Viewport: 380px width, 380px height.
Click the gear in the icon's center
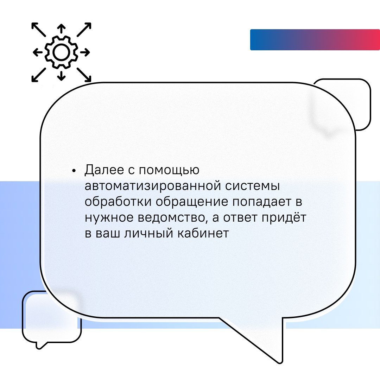coord(61,52)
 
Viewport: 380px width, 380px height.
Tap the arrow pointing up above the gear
coord(61,28)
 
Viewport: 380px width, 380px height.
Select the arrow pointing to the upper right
coord(84,30)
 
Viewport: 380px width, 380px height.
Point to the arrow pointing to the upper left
coord(39,30)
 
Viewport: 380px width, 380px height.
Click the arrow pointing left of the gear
coord(38,52)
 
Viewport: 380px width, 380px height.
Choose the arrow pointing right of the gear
coord(85,52)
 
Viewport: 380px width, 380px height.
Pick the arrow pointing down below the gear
coord(61,76)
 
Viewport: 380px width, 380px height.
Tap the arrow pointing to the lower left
coord(39,75)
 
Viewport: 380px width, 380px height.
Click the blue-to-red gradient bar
coord(315,40)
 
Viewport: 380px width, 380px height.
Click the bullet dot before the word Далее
coord(74,171)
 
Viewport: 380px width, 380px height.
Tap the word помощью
coord(169,170)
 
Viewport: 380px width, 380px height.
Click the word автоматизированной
coord(153,186)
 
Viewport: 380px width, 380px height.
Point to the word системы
coord(253,186)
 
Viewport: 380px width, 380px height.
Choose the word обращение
coord(192,202)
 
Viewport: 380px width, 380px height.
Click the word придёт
coord(284,218)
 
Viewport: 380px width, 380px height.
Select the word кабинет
coord(203,233)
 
